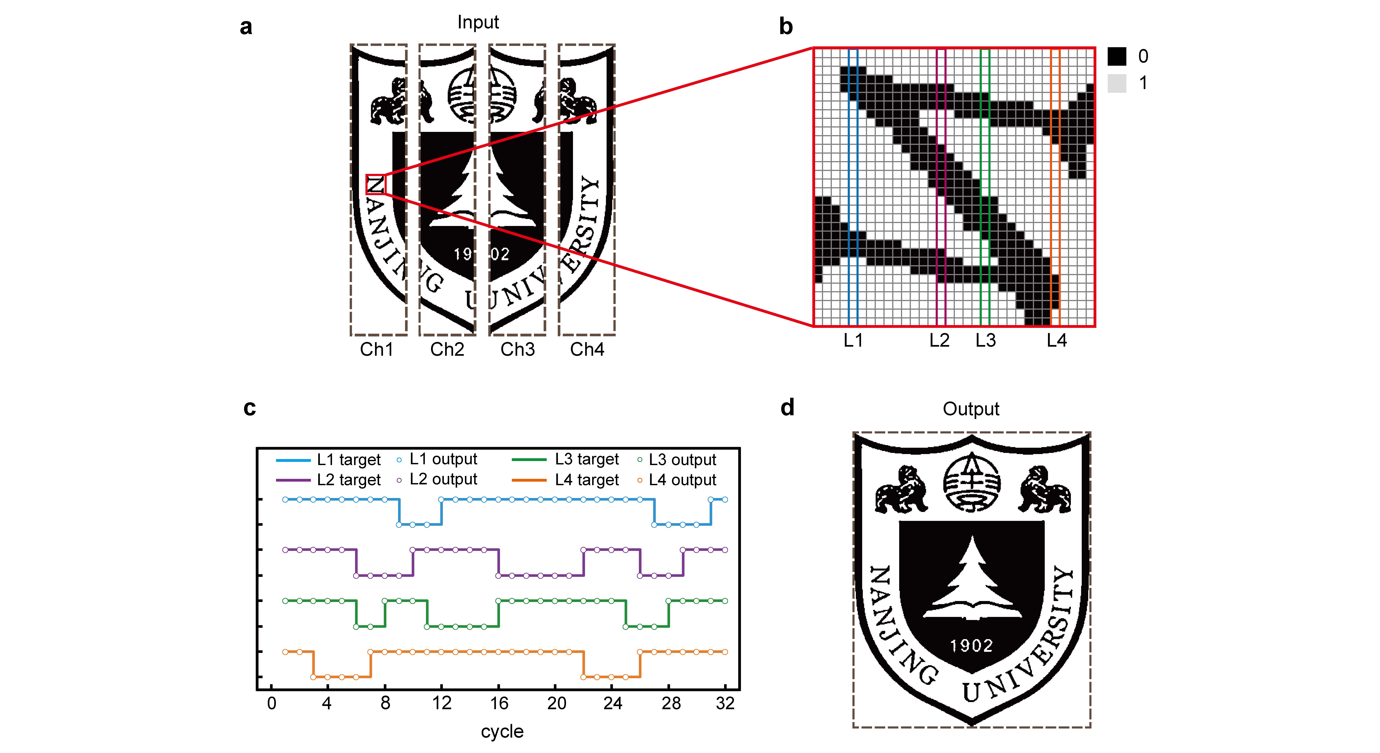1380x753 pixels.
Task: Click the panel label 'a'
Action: [x=246, y=27]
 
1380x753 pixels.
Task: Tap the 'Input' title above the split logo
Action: [x=478, y=22]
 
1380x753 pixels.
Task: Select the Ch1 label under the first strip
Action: [x=377, y=349]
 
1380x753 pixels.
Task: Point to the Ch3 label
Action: [x=517, y=349]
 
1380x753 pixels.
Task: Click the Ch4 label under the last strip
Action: [x=587, y=349]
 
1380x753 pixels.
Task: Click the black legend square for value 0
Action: [x=1117, y=56]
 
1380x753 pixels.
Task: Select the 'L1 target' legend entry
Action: [x=348, y=460]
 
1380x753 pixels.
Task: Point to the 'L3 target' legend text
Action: [x=587, y=460]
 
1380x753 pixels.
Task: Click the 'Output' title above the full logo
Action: [x=971, y=409]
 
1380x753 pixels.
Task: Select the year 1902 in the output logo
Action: [x=971, y=645]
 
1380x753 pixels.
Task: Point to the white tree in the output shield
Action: [x=971, y=584]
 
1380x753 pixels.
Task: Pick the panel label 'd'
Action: [x=787, y=407]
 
